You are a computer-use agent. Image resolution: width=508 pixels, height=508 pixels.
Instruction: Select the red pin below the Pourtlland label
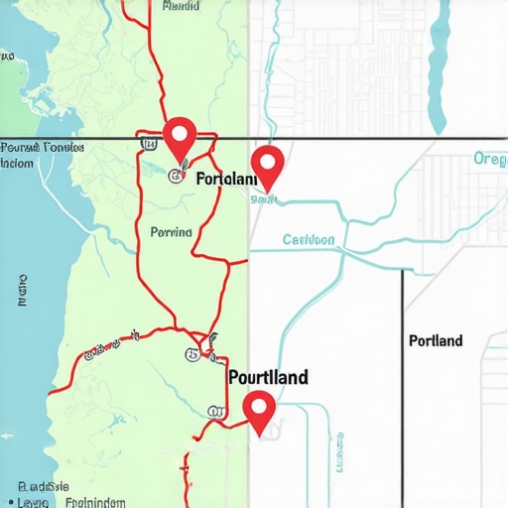(259, 410)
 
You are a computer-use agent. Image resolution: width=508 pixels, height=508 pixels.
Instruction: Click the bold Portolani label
(226, 180)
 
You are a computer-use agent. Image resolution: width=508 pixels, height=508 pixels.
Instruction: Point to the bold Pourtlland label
(268, 377)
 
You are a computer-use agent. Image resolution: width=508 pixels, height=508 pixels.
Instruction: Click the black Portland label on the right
(436, 341)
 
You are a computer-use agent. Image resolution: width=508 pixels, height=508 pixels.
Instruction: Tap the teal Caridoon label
(309, 239)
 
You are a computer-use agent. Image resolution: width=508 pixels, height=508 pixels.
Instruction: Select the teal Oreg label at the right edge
(490, 159)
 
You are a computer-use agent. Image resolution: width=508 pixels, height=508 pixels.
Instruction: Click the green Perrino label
(172, 232)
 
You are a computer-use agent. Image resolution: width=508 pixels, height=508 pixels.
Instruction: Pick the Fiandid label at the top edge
(179, 6)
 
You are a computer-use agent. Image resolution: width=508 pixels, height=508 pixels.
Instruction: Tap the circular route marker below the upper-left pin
(176, 177)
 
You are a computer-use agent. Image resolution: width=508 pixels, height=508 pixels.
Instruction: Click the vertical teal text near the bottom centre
(340, 451)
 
